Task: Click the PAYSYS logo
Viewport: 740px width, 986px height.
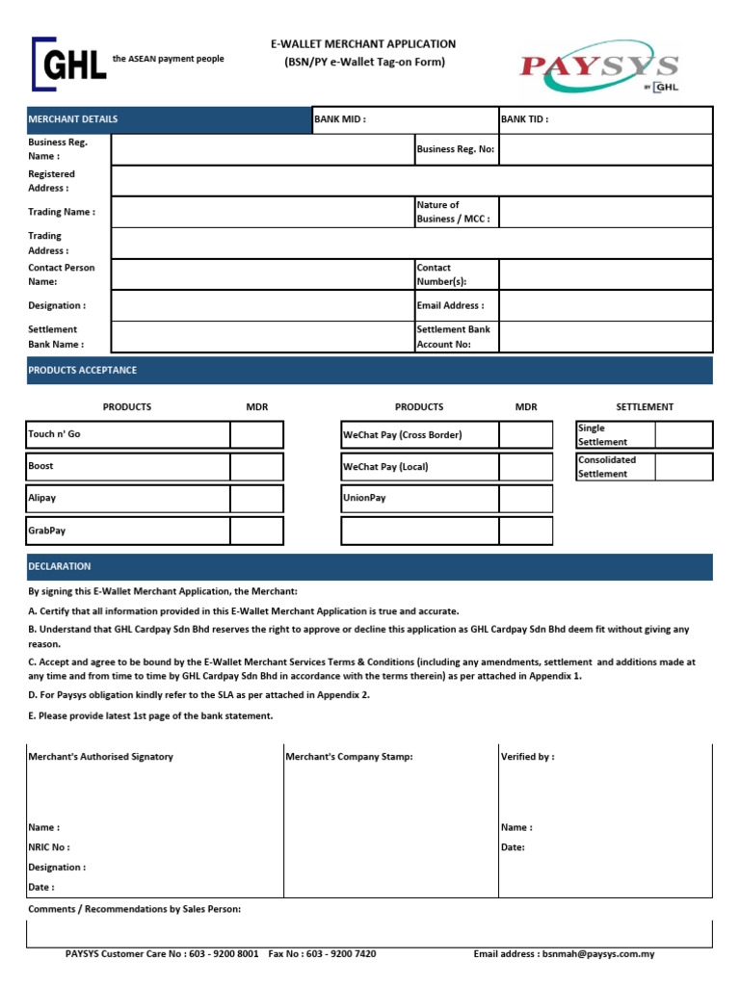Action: pos(599,66)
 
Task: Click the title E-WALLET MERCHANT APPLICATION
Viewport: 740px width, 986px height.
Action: pos(363,44)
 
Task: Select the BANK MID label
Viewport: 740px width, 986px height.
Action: pos(340,119)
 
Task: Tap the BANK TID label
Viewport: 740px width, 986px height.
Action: pos(525,119)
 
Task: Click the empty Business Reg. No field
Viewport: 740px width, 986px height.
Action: pos(605,149)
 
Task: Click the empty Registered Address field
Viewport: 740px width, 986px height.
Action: pos(411,181)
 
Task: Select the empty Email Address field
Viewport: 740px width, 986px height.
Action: pos(605,305)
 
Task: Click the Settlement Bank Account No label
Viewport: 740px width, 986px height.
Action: pos(453,336)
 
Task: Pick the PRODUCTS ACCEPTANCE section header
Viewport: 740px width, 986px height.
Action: pos(83,370)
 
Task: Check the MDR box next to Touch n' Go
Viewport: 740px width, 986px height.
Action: pos(256,434)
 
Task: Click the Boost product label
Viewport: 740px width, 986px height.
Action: pos(41,466)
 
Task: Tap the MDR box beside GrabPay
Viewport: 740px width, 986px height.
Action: pos(256,531)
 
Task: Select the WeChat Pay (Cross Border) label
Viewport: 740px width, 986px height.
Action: pos(403,434)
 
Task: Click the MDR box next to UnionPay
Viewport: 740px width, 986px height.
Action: pos(525,499)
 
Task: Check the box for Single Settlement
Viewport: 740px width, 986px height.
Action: pos(683,434)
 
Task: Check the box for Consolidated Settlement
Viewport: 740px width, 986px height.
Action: pos(683,466)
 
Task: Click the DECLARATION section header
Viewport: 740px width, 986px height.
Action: pos(60,566)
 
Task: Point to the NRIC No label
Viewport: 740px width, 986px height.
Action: pos(49,847)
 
